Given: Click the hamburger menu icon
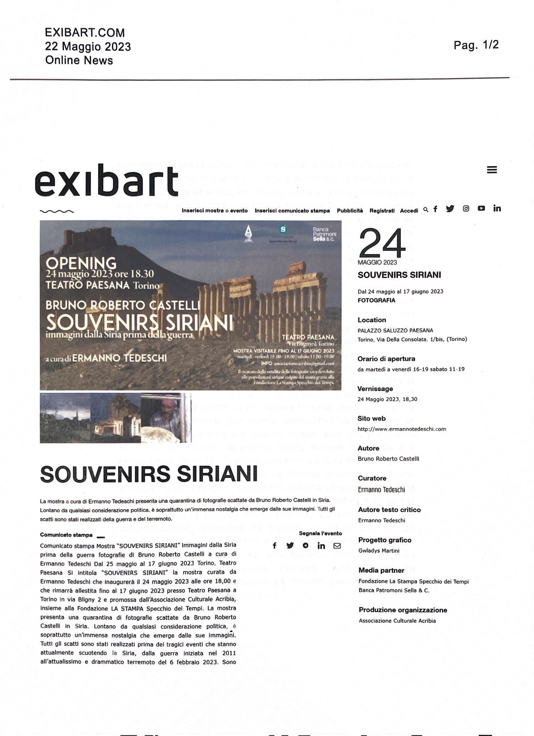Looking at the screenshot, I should [492, 170].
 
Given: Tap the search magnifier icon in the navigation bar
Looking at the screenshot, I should [426, 210].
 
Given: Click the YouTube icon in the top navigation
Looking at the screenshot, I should [481, 208].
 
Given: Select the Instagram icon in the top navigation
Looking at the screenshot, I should [466, 209].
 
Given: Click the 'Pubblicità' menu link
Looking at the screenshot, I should [350, 211].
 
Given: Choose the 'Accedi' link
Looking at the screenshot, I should [409, 211].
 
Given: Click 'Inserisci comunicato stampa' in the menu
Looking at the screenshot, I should [292, 211].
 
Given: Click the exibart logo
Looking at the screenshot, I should [106, 181].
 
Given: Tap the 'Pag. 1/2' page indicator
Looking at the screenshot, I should [476, 45].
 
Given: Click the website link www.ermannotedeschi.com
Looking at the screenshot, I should [401, 429].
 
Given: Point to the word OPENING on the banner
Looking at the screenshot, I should [81, 262].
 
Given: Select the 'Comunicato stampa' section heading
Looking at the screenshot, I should [66, 535].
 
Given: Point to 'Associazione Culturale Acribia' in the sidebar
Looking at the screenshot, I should [397, 621].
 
